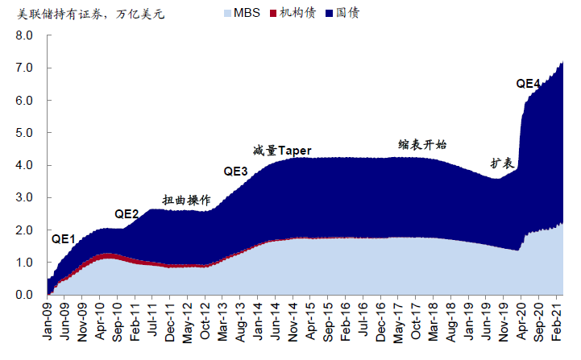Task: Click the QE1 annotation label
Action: [x=63, y=238]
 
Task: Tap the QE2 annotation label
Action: [x=127, y=213]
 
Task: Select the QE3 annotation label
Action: [x=235, y=171]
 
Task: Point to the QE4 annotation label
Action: [x=529, y=83]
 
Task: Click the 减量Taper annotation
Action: [x=281, y=150]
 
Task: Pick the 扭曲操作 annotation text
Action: [x=186, y=199]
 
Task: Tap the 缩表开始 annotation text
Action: [x=422, y=145]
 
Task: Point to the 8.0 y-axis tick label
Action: [x=25, y=36]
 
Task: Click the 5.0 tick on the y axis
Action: [x=25, y=133]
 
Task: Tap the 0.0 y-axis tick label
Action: [x=25, y=295]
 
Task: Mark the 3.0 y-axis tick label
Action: [x=25, y=198]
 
